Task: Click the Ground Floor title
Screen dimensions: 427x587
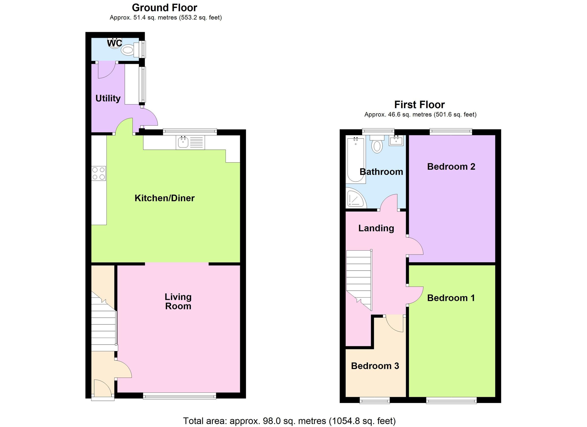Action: (x=164, y=8)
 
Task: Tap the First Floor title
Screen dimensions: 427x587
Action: (x=419, y=105)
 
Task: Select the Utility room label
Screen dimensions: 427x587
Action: (x=108, y=98)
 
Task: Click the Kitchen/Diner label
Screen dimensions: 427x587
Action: (x=164, y=198)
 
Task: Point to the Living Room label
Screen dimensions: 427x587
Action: (x=178, y=301)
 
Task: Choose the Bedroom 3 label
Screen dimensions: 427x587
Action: (x=375, y=366)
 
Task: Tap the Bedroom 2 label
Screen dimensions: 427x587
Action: (x=451, y=166)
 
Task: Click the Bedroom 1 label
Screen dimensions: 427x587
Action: (x=451, y=298)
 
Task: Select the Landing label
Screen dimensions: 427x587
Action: (x=376, y=228)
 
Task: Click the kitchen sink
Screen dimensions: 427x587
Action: (x=183, y=142)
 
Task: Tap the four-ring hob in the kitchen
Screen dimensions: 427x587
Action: (x=99, y=173)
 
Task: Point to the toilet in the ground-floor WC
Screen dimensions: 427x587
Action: (x=128, y=49)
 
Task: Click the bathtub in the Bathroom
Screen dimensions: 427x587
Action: (x=356, y=160)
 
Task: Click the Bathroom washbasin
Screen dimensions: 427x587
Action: (x=396, y=141)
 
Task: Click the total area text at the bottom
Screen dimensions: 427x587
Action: (x=289, y=421)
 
